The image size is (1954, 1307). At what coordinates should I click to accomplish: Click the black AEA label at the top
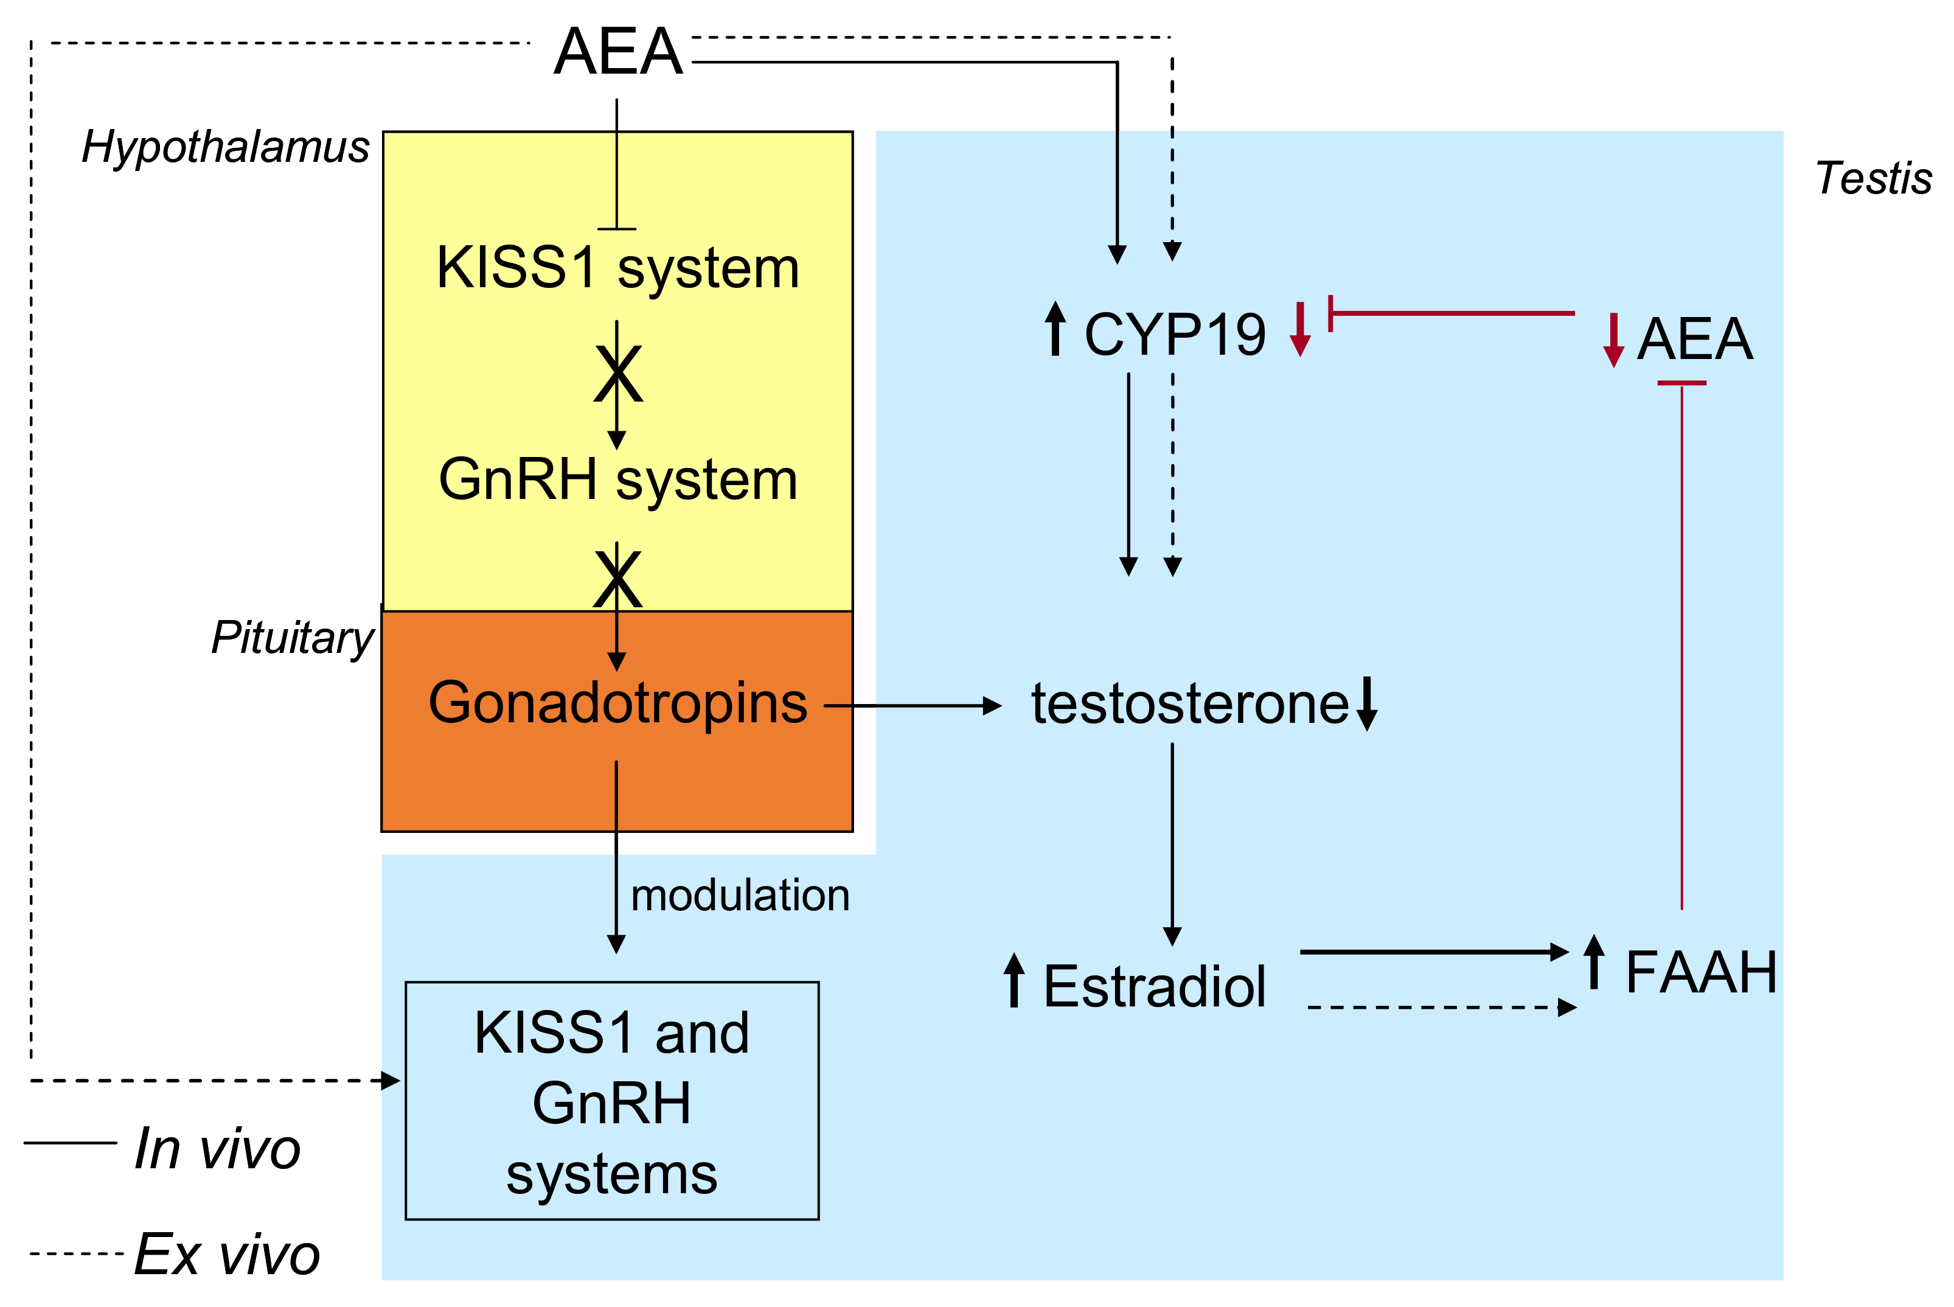point(617,52)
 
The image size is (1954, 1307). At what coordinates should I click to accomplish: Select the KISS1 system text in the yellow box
point(617,268)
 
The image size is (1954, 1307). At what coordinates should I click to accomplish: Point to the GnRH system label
point(617,481)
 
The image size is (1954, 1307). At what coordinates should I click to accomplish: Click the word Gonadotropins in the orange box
point(617,703)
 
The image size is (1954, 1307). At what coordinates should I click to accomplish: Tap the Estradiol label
point(1155,986)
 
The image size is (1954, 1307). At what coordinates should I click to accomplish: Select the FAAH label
point(1701,973)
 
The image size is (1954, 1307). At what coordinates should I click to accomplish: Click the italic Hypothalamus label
point(226,147)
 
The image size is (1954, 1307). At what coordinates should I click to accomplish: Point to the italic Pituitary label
point(293,638)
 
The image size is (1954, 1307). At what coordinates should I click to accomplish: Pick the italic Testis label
point(1873,178)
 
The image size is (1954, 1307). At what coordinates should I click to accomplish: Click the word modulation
point(740,895)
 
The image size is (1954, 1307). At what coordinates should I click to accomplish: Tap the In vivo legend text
point(217,1149)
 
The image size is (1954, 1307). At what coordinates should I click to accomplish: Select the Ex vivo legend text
point(228,1253)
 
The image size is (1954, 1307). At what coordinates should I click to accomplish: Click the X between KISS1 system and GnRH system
point(617,374)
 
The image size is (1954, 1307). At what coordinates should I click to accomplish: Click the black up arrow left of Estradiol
point(1014,980)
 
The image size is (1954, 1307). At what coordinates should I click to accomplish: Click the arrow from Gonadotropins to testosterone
point(913,706)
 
